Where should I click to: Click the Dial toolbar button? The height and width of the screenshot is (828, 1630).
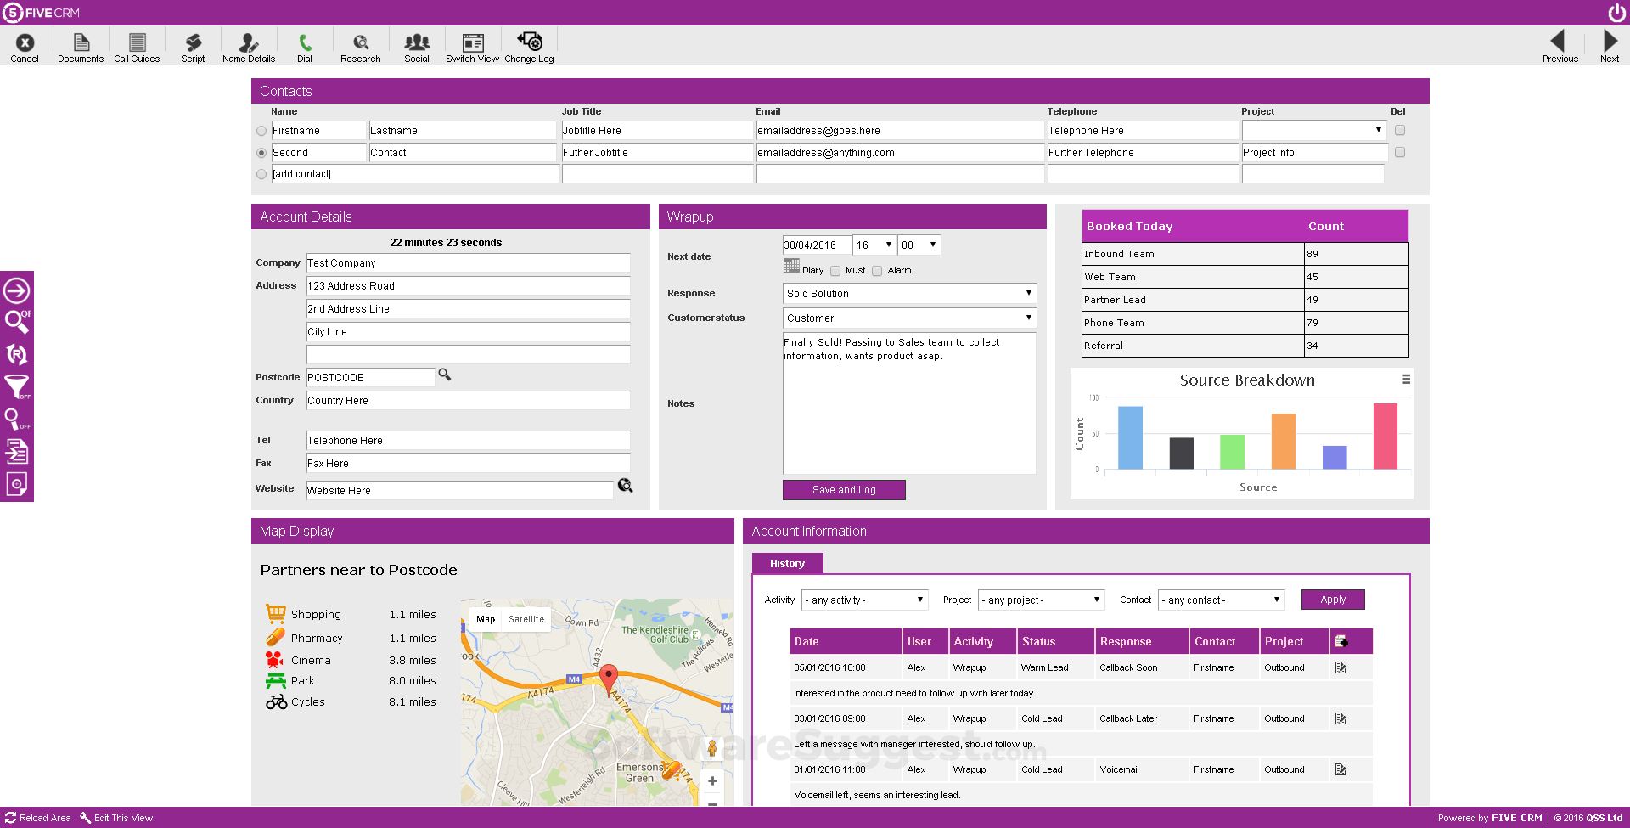[x=305, y=47]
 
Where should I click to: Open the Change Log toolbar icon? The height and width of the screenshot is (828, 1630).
[x=529, y=47]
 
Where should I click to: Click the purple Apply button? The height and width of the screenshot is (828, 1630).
[x=1332, y=600]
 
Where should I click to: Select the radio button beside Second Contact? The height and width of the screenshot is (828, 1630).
[x=261, y=153]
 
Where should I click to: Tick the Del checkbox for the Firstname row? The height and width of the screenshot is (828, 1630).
[x=1400, y=130]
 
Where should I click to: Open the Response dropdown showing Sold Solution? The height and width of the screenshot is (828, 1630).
[x=908, y=294]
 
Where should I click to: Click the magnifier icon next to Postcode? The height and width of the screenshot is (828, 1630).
[x=444, y=375]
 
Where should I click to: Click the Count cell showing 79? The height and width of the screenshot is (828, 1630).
[x=1355, y=323]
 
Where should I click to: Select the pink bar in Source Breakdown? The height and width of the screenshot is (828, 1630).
[x=1385, y=437]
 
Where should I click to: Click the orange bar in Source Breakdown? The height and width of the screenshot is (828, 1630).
[x=1283, y=442]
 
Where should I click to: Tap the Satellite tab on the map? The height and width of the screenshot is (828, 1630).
[x=526, y=619]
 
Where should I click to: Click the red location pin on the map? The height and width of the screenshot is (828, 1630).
[x=608, y=678]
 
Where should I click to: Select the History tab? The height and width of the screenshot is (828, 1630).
[x=787, y=564]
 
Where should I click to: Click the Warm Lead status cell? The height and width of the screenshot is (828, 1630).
[x=1044, y=667]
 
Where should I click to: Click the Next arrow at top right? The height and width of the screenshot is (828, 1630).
[x=1610, y=47]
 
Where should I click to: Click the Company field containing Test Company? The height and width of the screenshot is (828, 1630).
[x=468, y=263]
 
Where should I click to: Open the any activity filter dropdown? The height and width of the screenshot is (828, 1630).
[x=865, y=600]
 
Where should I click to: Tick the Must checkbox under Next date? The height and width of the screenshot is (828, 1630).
[x=835, y=271]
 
